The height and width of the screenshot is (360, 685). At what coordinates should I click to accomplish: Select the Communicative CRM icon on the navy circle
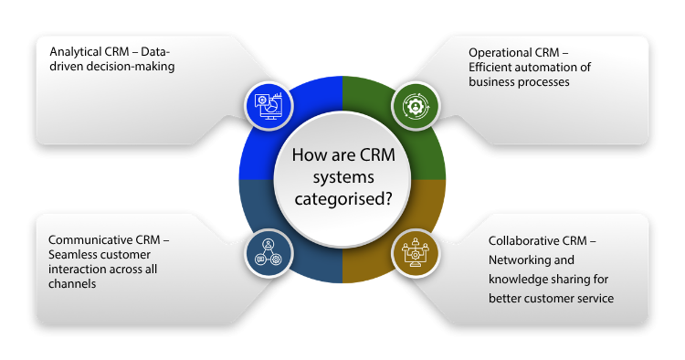pos(269,253)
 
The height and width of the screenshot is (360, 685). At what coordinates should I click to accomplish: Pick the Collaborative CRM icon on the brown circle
pos(416,253)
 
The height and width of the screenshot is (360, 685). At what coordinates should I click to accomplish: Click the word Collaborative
pos(523,241)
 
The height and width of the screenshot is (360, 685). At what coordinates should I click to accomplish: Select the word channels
pos(72,284)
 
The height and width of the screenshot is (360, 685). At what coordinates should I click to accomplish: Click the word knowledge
pos(520,281)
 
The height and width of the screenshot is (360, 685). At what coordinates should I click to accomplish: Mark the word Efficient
pos(494,66)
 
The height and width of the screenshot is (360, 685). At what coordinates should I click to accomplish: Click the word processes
pos(545,81)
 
